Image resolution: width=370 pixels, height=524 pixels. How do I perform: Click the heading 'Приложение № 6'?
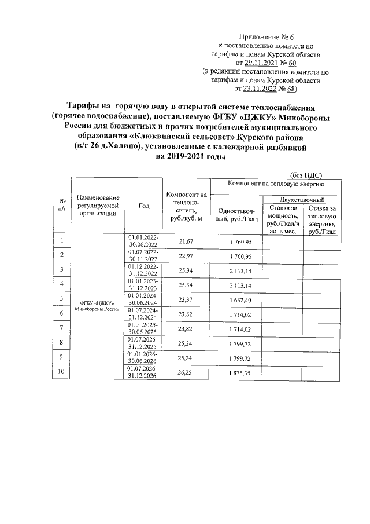(x=267, y=36)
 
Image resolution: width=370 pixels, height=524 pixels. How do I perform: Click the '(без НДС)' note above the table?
(x=305, y=174)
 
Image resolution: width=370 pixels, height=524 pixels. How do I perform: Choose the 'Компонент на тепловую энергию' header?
(x=275, y=184)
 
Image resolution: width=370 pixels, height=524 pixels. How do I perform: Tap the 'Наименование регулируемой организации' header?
(x=97, y=206)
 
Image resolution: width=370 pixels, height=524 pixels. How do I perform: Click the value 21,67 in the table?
(x=186, y=241)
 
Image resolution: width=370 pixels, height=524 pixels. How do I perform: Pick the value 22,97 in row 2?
(x=186, y=255)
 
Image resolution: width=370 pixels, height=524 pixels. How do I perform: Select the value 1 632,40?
(x=236, y=299)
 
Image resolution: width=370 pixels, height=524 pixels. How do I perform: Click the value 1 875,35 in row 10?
(x=236, y=373)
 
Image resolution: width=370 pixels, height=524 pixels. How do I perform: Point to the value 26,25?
(x=186, y=373)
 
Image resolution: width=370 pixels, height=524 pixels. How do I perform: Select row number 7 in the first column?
(x=61, y=328)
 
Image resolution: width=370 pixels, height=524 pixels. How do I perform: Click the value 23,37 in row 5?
(x=186, y=299)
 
